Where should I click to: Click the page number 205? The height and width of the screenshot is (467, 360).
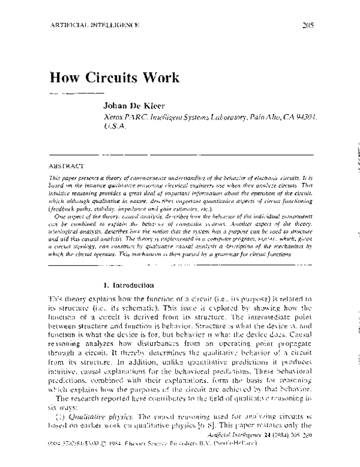click(307, 25)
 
